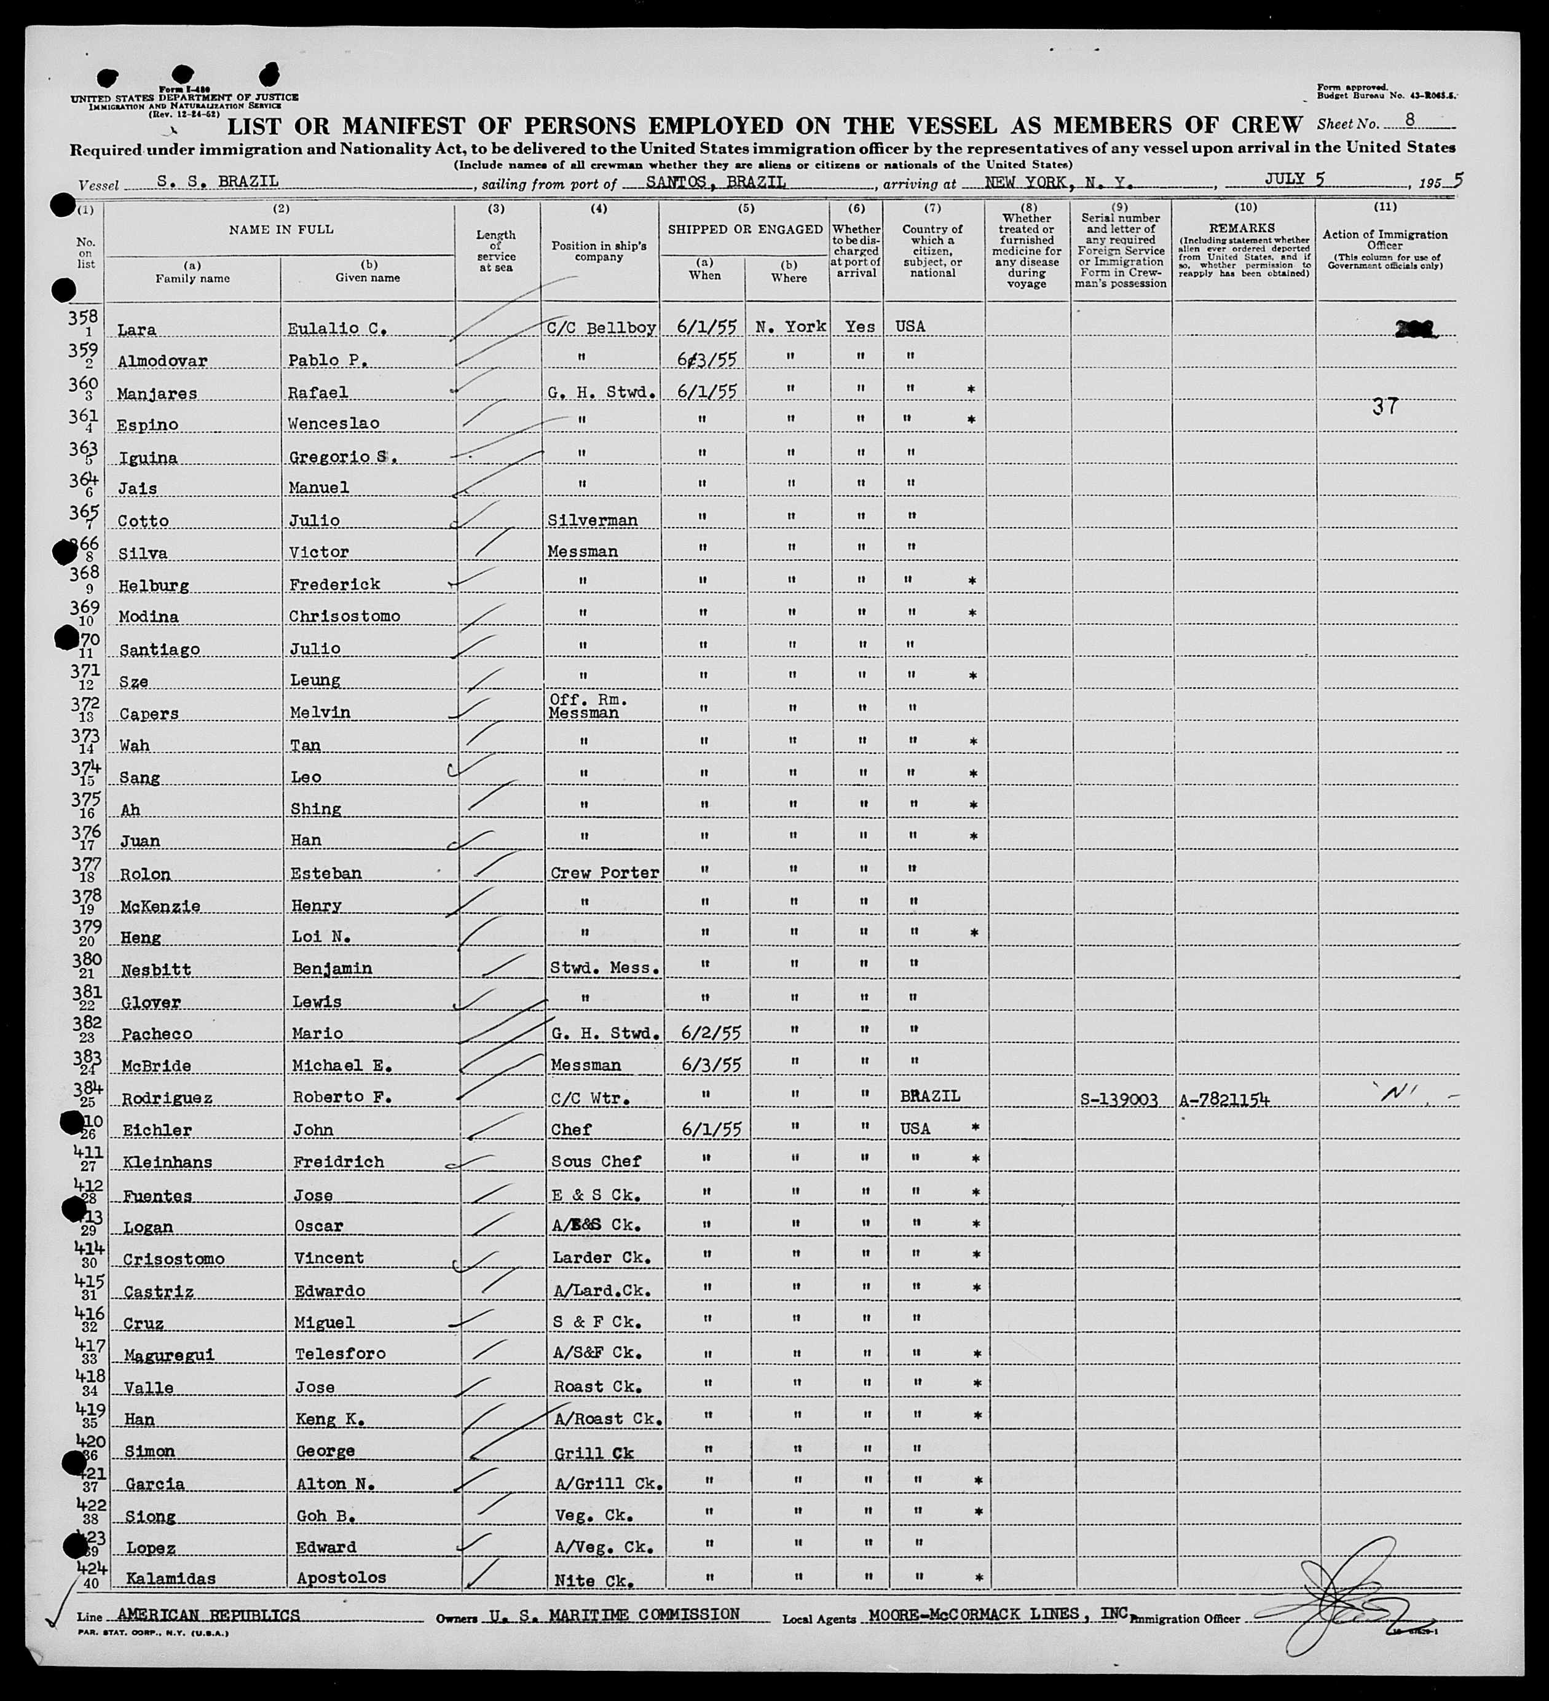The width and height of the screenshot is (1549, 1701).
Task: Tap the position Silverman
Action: pos(593,520)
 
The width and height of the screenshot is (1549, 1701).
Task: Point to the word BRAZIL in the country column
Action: pos(929,1096)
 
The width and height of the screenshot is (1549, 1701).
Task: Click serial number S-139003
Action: pos(1119,1100)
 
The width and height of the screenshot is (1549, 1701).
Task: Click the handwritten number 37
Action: pos(1384,407)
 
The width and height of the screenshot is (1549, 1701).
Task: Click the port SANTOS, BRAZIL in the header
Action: pos(716,182)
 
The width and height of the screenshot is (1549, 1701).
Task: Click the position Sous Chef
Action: pos(596,1162)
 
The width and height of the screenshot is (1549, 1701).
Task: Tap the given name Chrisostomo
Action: pos(344,616)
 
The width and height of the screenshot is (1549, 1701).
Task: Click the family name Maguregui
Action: pos(170,1355)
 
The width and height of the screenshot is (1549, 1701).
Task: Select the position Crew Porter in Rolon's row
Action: pos(604,874)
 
